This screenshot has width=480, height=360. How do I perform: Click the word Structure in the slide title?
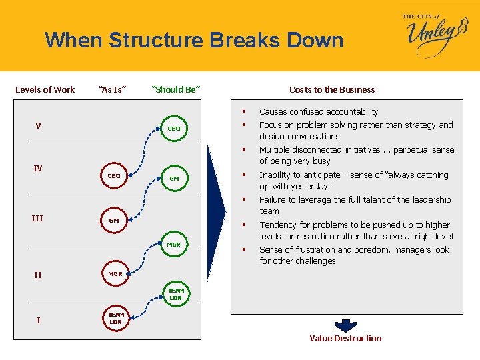[x=155, y=41]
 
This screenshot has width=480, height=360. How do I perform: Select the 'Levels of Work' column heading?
[x=45, y=89]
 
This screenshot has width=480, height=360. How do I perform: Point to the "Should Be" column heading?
[x=176, y=89]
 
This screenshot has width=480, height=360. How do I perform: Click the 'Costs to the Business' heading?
[x=332, y=89]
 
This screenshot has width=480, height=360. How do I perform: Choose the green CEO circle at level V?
[x=173, y=128]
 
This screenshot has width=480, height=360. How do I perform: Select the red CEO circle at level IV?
[x=114, y=176]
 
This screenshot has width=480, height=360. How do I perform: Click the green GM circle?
[x=174, y=178]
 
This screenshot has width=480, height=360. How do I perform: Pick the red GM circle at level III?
[x=114, y=220]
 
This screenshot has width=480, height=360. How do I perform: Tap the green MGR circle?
[x=173, y=244]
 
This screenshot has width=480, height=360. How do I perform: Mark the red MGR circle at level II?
[x=115, y=274]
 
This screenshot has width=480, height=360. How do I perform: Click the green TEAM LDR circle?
[x=175, y=294]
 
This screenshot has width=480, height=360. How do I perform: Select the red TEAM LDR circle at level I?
[x=116, y=318]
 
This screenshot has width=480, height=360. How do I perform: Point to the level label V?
[x=38, y=125]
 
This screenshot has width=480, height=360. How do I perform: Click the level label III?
[x=37, y=218]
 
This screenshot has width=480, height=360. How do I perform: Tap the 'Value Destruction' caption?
[x=345, y=339]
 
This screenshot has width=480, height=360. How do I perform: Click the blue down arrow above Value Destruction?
[x=345, y=325]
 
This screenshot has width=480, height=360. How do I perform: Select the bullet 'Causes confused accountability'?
[x=319, y=111]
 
